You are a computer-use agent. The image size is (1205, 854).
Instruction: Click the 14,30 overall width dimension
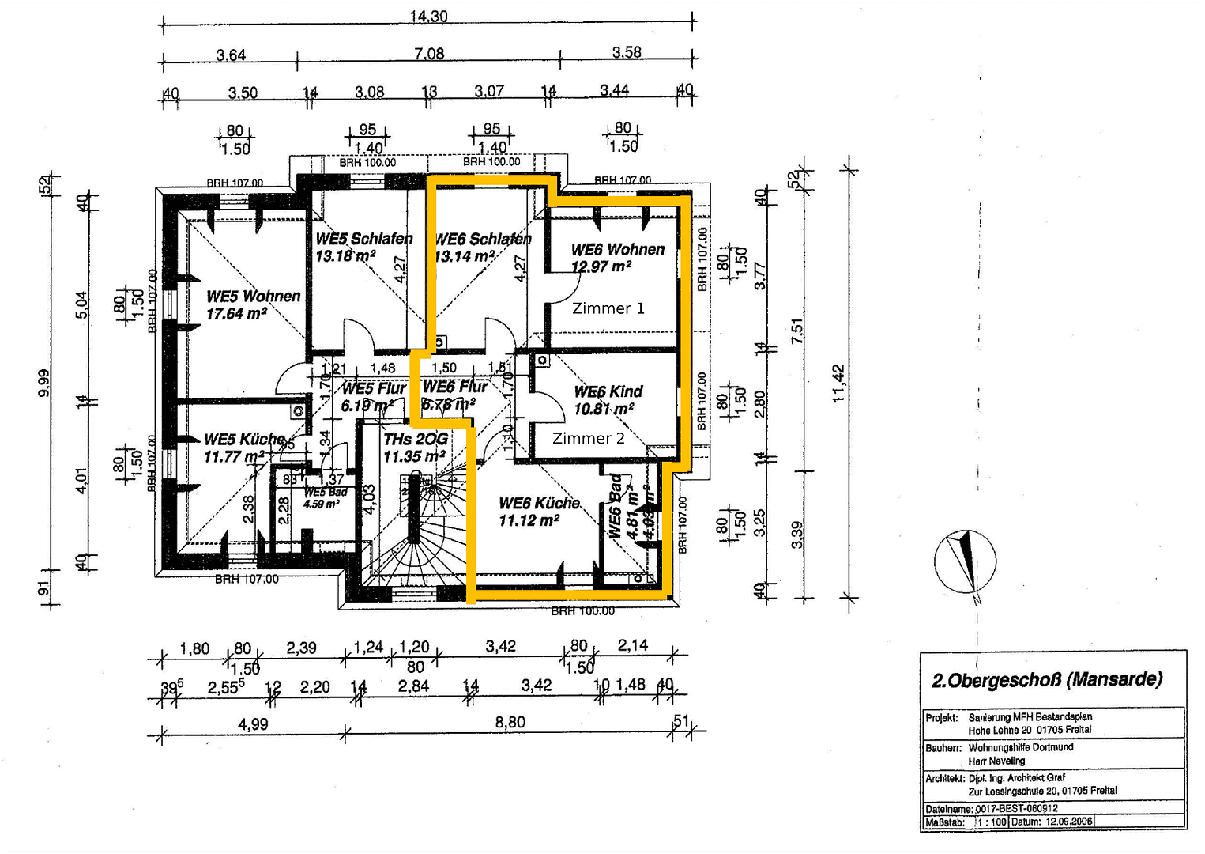[x=428, y=16]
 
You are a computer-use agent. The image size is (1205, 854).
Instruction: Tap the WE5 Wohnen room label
[x=253, y=297]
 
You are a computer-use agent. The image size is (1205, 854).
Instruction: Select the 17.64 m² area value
[x=235, y=314]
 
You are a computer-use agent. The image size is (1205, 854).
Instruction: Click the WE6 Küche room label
[x=539, y=503]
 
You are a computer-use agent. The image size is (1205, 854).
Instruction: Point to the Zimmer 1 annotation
[x=608, y=308]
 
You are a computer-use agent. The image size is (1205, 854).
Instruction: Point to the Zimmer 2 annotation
[x=588, y=438]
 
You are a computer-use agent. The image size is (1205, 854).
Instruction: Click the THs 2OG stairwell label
[x=416, y=439]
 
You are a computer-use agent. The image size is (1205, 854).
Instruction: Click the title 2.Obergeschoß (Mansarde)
[x=1047, y=680]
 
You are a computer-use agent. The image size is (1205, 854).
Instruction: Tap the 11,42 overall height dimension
[x=838, y=383]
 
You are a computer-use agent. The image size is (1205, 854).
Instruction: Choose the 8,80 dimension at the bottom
[x=510, y=722]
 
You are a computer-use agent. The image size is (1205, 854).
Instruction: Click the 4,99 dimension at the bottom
[x=253, y=724]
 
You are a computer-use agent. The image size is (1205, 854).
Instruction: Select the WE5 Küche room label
[x=244, y=440]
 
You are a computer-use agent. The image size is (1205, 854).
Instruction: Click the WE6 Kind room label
[x=608, y=391]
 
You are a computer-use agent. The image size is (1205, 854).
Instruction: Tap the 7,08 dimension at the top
[x=429, y=54]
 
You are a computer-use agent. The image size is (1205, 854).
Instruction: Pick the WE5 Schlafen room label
[x=363, y=239]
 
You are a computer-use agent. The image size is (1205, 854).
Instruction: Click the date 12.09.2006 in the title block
[x=1068, y=822]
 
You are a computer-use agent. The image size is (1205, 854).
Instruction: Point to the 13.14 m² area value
[x=465, y=256]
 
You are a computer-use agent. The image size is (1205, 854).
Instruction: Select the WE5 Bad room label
[x=325, y=493]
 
